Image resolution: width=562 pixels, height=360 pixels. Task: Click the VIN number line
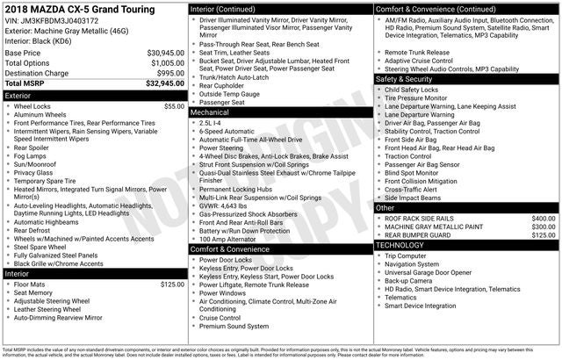point(52,20)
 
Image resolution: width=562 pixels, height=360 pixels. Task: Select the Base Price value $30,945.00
point(165,53)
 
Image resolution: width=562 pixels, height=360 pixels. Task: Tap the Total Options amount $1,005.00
point(167,63)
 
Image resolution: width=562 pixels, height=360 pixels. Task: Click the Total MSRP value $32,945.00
point(164,83)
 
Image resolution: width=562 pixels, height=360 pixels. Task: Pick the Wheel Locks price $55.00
point(174,106)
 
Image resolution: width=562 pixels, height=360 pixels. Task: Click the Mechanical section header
point(210,112)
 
